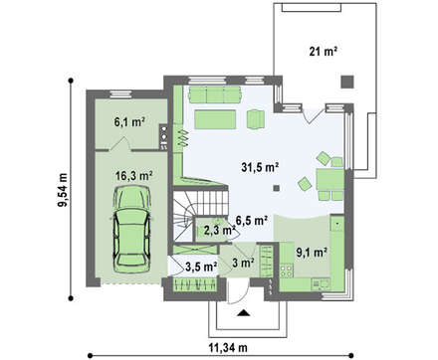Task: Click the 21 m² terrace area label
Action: [x=324, y=52]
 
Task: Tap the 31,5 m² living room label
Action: [x=260, y=167]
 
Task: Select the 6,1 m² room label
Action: [x=129, y=122]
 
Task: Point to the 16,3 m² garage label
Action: [x=133, y=175]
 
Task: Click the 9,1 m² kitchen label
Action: [x=312, y=253]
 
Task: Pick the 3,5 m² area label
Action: [x=201, y=267]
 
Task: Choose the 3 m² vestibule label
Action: [x=243, y=264]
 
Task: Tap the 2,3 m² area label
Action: [x=219, y=231]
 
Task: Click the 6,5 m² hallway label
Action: [x=252, y=220]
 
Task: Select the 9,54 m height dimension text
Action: [x=63, y=190]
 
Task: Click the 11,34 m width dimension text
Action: [x=228, y=348]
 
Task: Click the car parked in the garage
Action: [x=131, y=229]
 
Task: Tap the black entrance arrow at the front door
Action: [x=244, y=313]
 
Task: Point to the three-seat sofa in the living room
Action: [x=215, y=94]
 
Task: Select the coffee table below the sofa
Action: [x=215, y=119]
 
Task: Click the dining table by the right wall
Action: [x=329, y=179]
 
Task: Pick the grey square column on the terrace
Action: [x=347, y=82]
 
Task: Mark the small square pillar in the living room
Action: [x=277, y=188]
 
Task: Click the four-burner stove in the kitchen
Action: [x=287, y=270]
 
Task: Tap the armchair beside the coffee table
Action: [x=256, y=119]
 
